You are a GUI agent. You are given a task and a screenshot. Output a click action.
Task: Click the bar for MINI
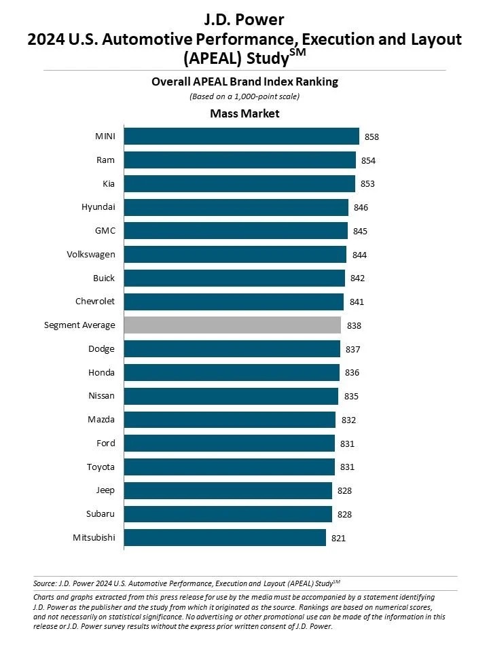point(241,137)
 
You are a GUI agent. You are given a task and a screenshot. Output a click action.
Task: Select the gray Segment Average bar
point(232,325)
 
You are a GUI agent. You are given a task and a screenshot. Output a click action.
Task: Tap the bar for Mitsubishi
point(225,538)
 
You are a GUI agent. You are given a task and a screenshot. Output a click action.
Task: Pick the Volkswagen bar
point(235,255)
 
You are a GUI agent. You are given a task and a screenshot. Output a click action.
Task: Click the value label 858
point(372,137)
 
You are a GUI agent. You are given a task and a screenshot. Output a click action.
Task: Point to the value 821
point(339,539)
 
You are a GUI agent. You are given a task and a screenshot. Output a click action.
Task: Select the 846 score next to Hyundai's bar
point(361,208)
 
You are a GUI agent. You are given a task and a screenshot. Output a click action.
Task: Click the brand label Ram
point(105,160)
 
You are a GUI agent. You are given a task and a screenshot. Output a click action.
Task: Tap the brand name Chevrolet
point(95,302)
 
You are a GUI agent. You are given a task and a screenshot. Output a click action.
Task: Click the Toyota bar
point(229,467)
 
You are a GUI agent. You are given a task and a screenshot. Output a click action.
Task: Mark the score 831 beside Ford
point(348,444)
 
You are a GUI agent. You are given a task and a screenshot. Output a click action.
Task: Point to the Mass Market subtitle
point(244,113)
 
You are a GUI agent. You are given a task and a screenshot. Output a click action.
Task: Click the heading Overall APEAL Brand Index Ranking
point(244,82)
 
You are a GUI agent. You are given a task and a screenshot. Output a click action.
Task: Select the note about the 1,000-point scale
point(244,96)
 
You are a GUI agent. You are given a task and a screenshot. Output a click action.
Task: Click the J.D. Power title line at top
point(244,18)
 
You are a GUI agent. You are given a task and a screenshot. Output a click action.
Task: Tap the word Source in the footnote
point(45,583)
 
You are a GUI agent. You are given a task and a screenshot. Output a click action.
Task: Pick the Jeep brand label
point(105,490)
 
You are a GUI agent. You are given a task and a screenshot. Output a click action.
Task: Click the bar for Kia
point(239,184)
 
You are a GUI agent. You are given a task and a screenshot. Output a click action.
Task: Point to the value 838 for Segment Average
point(354,326)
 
